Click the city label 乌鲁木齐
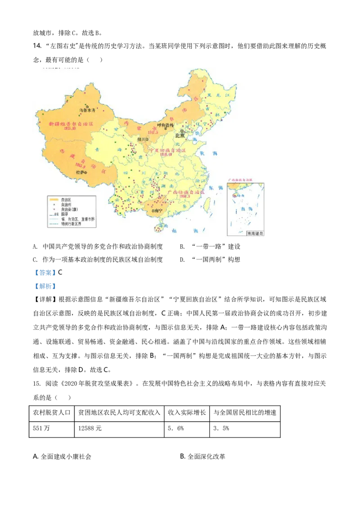coord(88,110)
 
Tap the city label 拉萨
coord(80,172)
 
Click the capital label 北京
coord(180,134)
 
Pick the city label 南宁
coord(157,210)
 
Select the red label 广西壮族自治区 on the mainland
coord(185,192)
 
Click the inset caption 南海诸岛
coord(255,233)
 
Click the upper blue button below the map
coord(45,272)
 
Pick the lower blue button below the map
coord(45,286)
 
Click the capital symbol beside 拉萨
coord(85,172)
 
